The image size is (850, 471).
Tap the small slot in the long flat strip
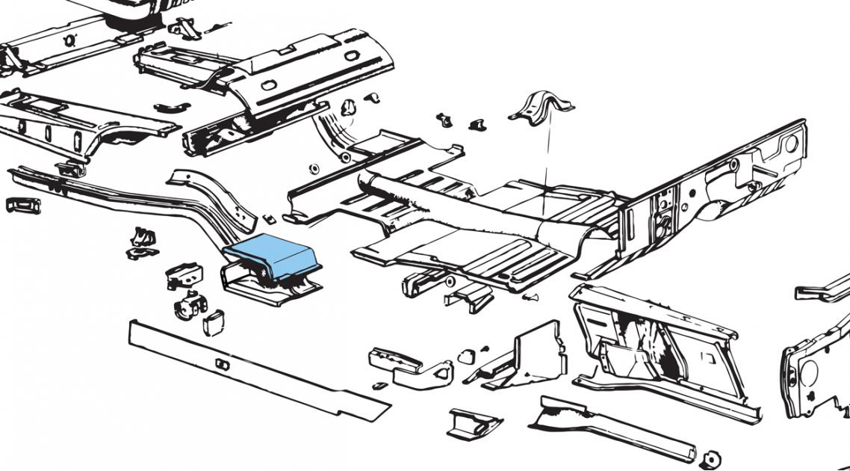[x=222, y=363]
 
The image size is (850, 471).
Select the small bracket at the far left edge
[x=20, y=204]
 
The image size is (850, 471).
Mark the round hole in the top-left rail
[x=70, y=40]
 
